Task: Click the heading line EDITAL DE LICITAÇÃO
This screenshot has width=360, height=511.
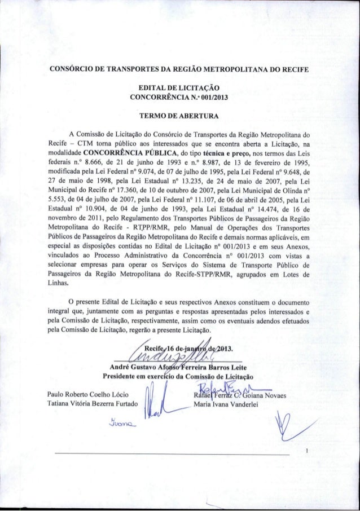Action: (179, 89)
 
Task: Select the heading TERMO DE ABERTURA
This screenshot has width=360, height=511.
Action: (179, 116)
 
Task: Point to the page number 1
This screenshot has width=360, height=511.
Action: (305, 451)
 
